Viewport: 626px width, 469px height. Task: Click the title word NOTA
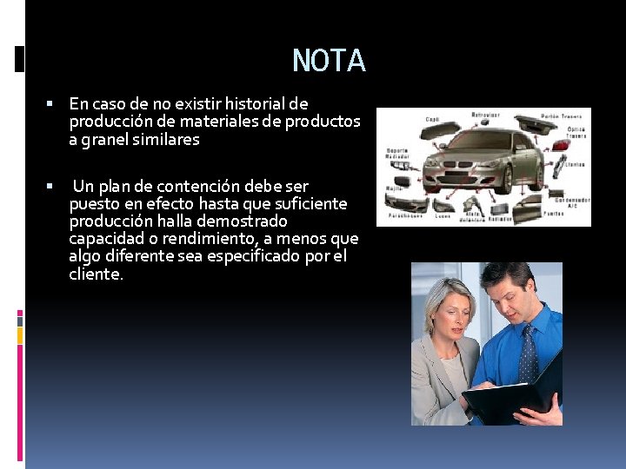point(329,61)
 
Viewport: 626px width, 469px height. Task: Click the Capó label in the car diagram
point(432,119)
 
